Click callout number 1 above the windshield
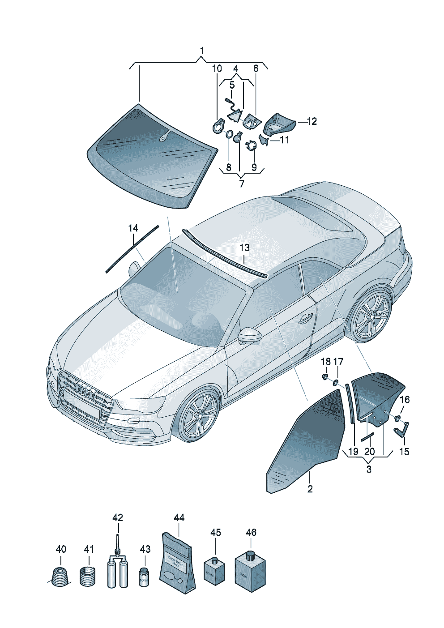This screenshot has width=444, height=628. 201,51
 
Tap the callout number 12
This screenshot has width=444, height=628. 312,121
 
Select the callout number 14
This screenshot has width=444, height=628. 133,228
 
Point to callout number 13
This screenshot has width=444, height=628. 244,248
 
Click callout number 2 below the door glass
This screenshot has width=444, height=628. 310,489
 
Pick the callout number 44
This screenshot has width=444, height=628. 179,517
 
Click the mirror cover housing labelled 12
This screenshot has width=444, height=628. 279,123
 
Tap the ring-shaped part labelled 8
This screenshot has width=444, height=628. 228,134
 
